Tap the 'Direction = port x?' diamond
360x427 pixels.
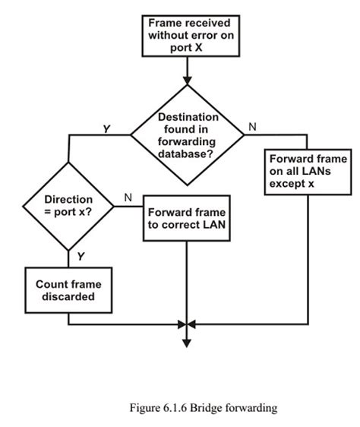(68, 206)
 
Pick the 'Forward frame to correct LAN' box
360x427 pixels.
(186, 219)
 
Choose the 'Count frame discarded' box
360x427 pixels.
(68, 290)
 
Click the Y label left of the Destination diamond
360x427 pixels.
(106, 129)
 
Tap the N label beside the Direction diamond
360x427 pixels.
(128, 198)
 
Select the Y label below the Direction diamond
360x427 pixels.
(80, 257)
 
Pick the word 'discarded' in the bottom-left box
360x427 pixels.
(68, 297)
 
